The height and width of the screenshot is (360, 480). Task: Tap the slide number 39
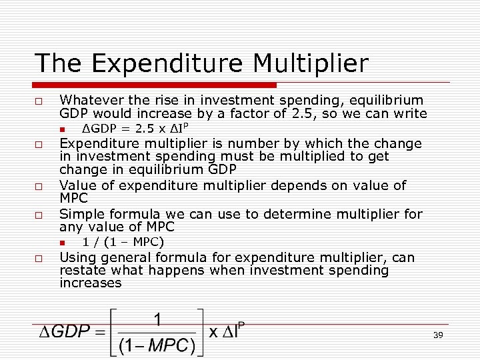(x=438, y=335)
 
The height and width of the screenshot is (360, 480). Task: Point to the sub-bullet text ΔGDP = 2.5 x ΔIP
(x=138, y=128)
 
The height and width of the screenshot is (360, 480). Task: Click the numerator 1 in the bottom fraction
(x=157, y=320)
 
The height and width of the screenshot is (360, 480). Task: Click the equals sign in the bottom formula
(x=98, y=331)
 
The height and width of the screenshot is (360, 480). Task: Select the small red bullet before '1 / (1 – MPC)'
(x=61, y=242)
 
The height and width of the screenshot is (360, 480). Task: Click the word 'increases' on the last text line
(x=91, y=283)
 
